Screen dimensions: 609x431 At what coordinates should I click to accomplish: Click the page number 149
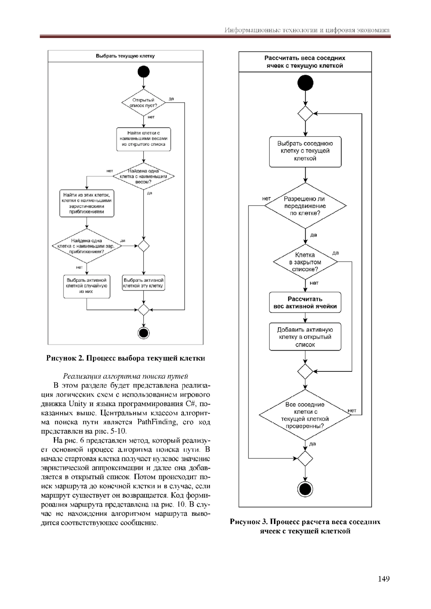pos(384,578)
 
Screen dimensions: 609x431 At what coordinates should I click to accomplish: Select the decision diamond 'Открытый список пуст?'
pos(143,103)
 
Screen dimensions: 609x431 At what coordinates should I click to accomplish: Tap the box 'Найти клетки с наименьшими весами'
pos(143,139)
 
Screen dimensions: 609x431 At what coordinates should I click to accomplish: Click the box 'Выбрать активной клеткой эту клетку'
pos(143,283)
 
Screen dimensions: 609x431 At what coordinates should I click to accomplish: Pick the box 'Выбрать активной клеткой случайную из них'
pos(87,286)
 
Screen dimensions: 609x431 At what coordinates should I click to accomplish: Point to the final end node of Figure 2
pos(143,333)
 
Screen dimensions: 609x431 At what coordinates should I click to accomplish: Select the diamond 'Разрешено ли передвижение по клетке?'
pos(305,206)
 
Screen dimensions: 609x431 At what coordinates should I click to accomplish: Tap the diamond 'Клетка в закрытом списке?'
pos(305,262)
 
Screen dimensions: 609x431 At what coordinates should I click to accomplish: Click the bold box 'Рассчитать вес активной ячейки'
pos(305,303)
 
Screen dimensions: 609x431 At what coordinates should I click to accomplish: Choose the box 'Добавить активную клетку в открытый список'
pos(305,337)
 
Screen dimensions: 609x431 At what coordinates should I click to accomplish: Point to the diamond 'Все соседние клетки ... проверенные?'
pos(305,415)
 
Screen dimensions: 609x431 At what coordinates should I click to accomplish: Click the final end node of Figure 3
pos(305,489)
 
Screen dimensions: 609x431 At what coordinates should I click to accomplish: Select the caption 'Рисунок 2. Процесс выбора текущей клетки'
pos(125,358)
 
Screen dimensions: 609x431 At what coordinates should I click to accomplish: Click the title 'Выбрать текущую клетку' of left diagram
pos(125,56)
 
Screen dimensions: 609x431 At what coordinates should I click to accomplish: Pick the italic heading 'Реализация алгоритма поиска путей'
pos(125,376)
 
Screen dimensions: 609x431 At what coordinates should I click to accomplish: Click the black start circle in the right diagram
pos(305,83)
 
